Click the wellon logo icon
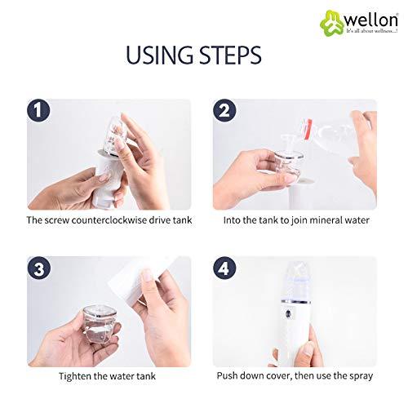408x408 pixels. [x=312, y=16]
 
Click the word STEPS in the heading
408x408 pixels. [x=230, y=55]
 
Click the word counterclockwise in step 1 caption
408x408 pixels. [x=100, y=220]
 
